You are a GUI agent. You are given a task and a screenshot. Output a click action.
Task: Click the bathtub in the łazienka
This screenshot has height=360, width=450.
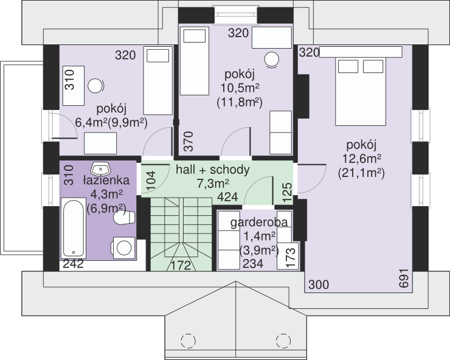pyautogui.click(x=74, y=227)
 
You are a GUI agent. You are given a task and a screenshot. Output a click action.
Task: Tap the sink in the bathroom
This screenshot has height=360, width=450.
pyautogui.click(x=100, y=168)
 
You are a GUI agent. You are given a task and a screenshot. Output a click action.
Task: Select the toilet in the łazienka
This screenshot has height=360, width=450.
pyautogui.click(x=124, y=217)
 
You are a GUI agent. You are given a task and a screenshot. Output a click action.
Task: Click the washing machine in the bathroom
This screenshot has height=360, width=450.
pyautogui.click(x=123, y=247)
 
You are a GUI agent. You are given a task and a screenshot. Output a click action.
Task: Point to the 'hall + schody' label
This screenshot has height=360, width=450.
pyautogui.click(x=213, y=170)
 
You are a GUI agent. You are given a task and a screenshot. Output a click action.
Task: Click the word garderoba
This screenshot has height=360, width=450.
pyautogui.click(x=259, y=223)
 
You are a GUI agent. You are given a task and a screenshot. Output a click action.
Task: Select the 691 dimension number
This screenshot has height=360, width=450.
pyautogui.click(x=404, y=278)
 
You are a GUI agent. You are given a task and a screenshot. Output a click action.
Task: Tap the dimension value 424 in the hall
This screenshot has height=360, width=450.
pyautogui.click(x=227, y=197)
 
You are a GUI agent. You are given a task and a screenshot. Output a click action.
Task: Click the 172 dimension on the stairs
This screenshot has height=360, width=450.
pyautogui.click(x=181, y=266)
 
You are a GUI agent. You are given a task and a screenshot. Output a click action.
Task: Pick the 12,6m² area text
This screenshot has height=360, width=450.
pyautogui.click(x=362, y=159)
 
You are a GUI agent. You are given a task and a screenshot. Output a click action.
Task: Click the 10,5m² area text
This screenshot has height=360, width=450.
pyautogui.click(x=240, y=88)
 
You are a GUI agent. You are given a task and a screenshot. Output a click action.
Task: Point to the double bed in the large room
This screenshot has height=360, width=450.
pyautogui.click(x=361, y=91)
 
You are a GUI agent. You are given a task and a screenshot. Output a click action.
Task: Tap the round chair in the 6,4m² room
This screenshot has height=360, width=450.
pyautogui.click(x=95, y=86)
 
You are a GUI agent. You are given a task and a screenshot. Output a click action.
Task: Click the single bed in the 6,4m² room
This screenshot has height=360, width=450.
pyautogui.click(x=158, y=81)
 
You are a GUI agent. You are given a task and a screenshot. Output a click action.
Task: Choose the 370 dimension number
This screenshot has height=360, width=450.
pyautogui.click(x=189, y=141)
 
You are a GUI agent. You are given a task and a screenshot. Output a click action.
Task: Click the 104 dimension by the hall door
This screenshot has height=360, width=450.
pyautogui.click(x=151, y=180)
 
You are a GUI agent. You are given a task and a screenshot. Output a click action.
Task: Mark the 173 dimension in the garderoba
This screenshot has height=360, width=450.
pyautogui.click(x=291, y=257)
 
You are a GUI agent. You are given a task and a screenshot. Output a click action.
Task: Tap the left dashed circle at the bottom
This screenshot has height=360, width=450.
pyautogui.click(x=189, y=341)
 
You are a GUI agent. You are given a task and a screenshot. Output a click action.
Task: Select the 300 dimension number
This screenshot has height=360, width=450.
pyautogui.click(x=319, y=285)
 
